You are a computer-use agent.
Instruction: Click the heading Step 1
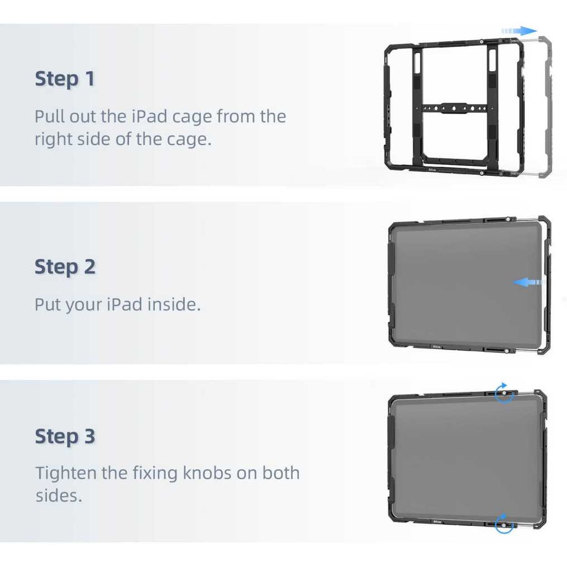tap(65, 78)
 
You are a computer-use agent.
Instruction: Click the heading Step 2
tap(65, 267)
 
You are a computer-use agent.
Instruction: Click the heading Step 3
tap(65, 436)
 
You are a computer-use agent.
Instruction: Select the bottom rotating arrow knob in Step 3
tap(505, 525)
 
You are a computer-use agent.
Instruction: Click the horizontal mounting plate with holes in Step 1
tap(454, 109)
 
